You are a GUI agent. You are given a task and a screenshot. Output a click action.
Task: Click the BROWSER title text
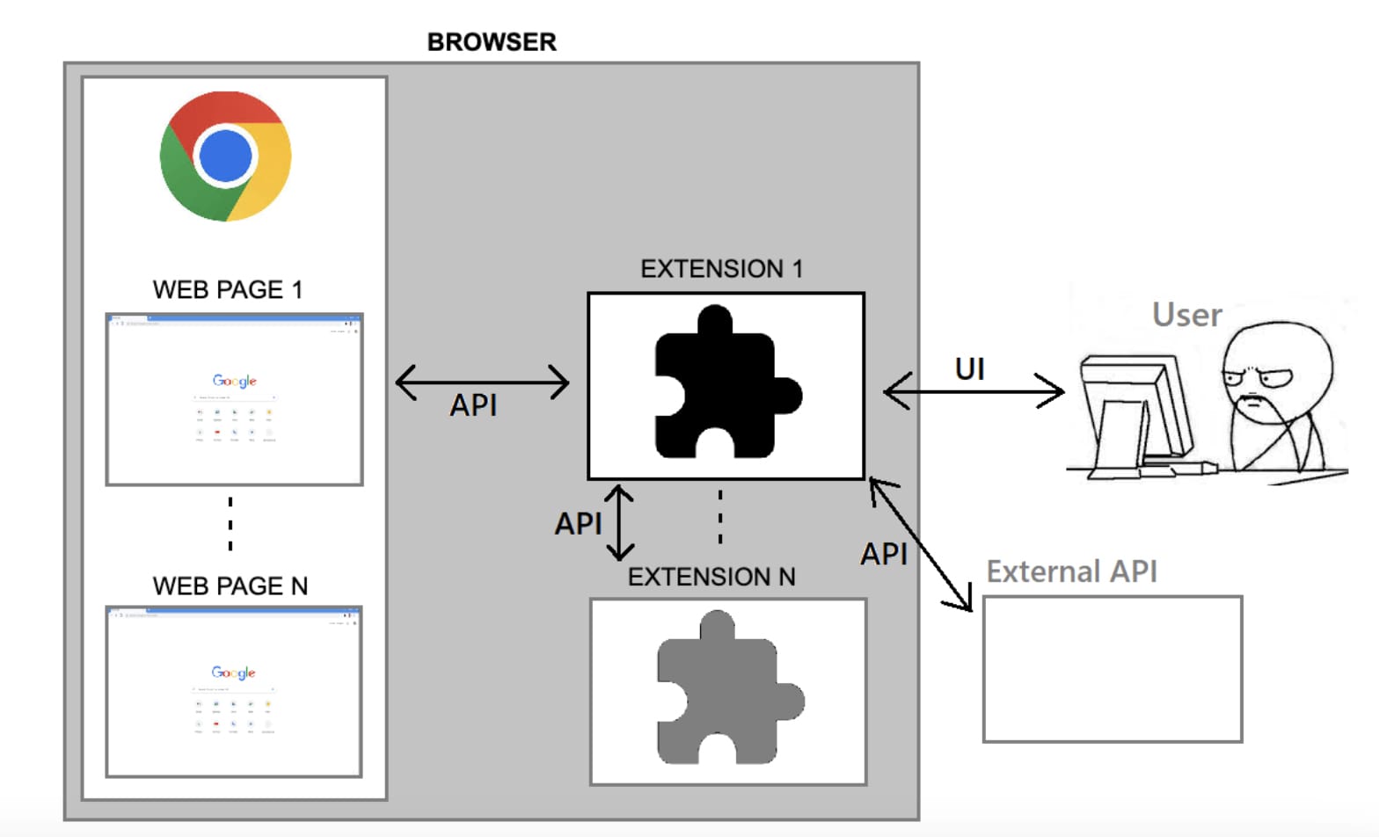[492, 41]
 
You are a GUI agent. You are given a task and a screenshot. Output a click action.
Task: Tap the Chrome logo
[226, 156]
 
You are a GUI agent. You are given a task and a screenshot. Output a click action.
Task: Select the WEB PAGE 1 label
[228, 289]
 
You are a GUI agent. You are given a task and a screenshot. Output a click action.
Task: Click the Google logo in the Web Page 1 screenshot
[234, 381]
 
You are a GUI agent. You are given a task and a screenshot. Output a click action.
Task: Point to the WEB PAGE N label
[230, 586]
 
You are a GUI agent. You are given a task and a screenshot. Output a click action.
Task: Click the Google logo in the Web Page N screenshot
[233, 673]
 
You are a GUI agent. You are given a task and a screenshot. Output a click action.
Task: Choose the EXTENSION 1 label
[721, 269]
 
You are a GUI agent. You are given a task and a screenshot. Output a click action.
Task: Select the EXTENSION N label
[711, 577]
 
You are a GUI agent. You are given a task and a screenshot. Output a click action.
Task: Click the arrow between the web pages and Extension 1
[483, 382]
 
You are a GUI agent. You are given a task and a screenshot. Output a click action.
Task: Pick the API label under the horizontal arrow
[473, 405]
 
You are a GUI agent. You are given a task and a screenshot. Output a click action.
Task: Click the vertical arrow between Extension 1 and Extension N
[620, 522]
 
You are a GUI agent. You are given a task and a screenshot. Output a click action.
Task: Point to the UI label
[969, 369]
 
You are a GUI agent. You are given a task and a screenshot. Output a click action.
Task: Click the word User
[1186, 315]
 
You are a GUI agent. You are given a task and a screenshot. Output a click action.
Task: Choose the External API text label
[1071, 571]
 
